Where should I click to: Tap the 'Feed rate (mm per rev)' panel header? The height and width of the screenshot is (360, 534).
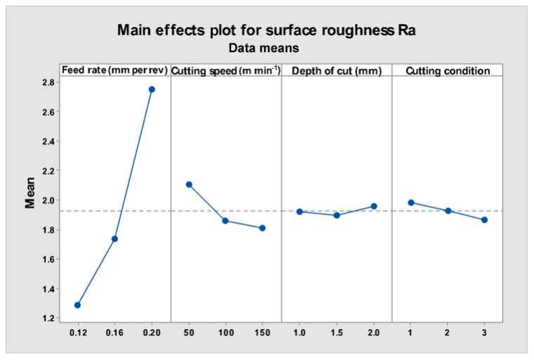pyautogui.click(x=115, y=70)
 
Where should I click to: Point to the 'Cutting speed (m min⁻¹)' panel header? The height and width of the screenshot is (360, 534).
pyautogui.click(x=226, y=70)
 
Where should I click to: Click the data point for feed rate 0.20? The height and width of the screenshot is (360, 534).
pyautogui.click(x=152, y=89)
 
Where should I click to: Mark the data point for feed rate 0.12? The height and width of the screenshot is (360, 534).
pyautogui.click(x=77, y=305)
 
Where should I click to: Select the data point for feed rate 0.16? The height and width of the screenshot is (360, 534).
pyautogui.click(x=115, y=239)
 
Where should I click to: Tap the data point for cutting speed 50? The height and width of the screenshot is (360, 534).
pyautogui.click(x=188, y=184)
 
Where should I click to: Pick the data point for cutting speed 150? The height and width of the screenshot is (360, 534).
pyautogui.click(x=262, y=228)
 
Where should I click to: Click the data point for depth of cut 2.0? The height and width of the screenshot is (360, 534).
pyautogui.click(x=374, y=206)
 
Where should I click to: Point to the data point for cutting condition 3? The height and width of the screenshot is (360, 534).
pyautogui.click(x=484, y=220)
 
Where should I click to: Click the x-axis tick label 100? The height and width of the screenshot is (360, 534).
pyautogui.click(x=226, y=331)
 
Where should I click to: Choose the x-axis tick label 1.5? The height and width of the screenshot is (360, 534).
pyautogui.click(x=337, y=331)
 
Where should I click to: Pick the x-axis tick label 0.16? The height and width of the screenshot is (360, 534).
pyautogui.click(x=115, y=331)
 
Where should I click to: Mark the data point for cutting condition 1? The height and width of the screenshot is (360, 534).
pyautogui.click(x=410, y=202)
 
